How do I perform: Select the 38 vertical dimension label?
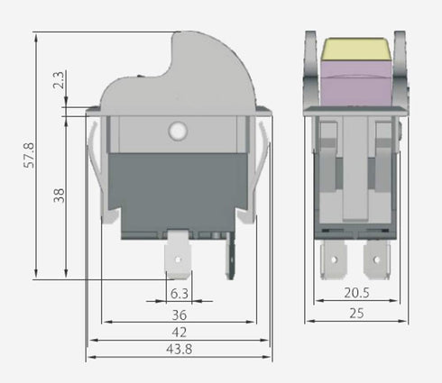coord(60,195)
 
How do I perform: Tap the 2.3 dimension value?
coord(60,82)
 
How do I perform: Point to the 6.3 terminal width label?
coord(179,293)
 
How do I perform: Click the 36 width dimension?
coord(179,315)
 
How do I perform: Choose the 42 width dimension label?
coord(179,333)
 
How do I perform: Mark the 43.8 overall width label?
coord(179,350)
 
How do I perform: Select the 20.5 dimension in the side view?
coord(356,293)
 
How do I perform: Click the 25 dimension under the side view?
coord(356,314)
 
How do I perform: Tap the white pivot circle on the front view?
coord(177,132)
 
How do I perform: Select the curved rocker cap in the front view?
coord(180,77)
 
